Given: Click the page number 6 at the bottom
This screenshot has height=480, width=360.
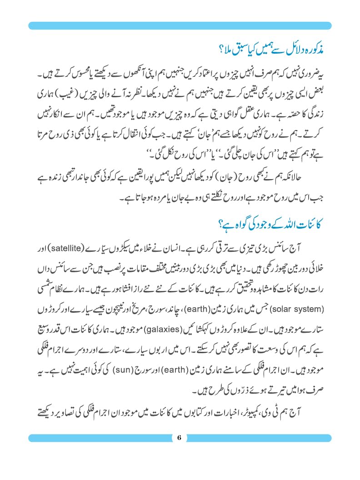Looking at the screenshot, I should tap(180, 438).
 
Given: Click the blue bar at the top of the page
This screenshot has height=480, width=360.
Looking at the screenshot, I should tap(180, 25).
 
